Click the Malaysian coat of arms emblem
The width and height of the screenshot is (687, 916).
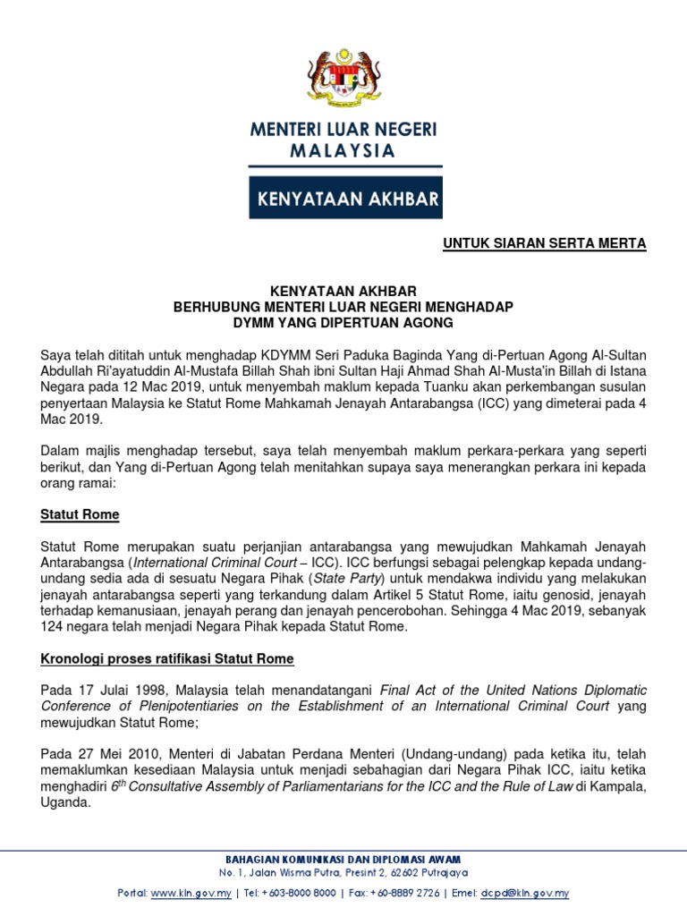click(343, 74)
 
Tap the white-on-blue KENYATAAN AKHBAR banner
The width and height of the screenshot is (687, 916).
click(345, 198)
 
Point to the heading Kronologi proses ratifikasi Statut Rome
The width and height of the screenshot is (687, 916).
click(167, 659)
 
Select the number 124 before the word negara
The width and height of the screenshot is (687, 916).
click(53, 627)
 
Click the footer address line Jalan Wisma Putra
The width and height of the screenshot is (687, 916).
click(343, 872)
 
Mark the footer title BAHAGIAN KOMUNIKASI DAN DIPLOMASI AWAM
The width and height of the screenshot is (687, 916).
click(343, 858)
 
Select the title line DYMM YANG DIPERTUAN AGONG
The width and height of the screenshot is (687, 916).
click(343, 322)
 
